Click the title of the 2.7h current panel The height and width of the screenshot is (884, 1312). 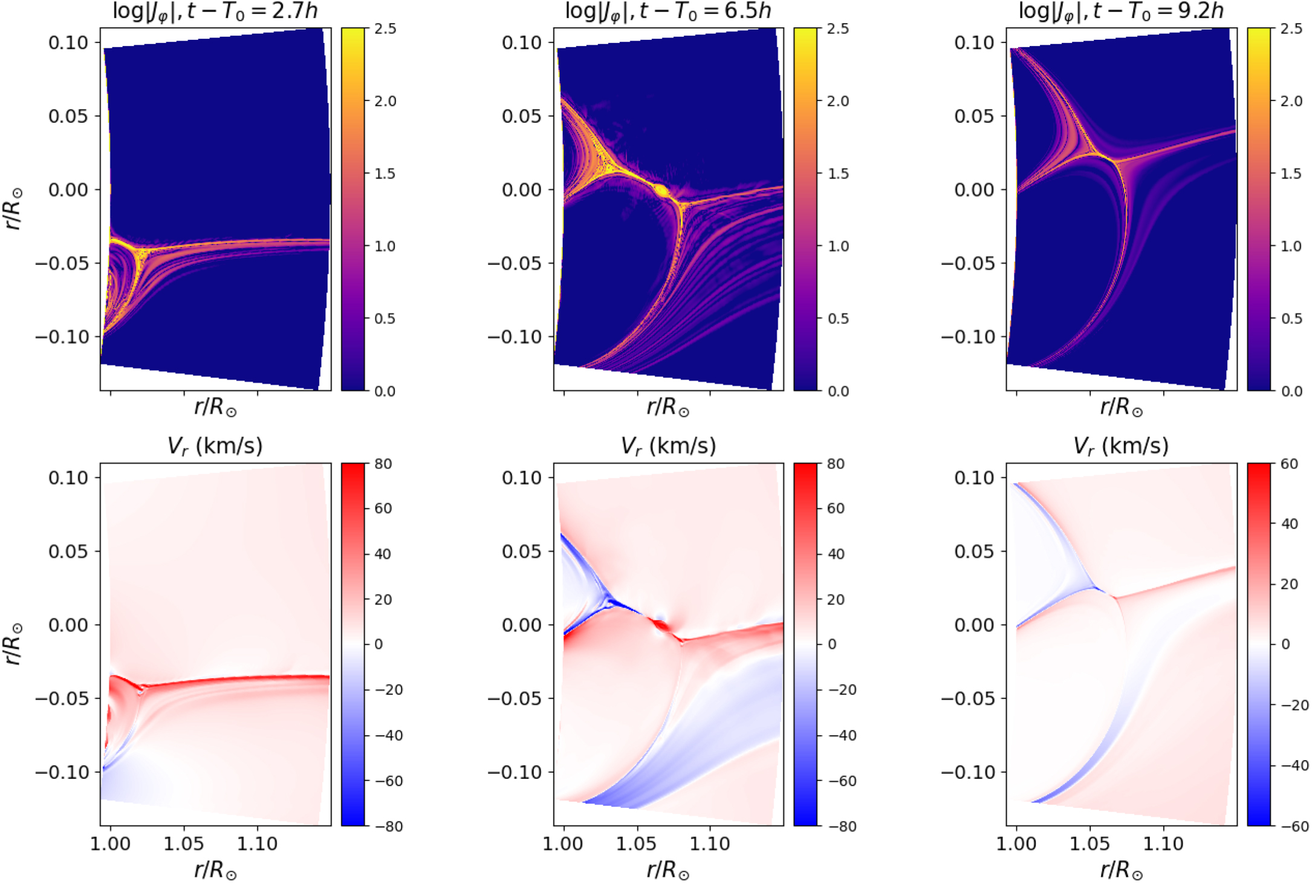click(x=215, y=11)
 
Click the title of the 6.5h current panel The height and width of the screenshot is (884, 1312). click(x=668, y=11)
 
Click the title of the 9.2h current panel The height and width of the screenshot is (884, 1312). click(x=1121, y=11)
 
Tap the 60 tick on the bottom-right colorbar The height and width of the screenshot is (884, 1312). click(x=1289, y=464)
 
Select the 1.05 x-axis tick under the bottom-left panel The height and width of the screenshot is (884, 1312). click(x=184, y=843)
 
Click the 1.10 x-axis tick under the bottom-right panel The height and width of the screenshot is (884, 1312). click(x=1163, y=843)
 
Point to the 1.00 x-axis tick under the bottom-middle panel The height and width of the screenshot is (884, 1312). click(x=563, y=843)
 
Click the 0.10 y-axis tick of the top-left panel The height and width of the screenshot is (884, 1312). click(x=68, y=42)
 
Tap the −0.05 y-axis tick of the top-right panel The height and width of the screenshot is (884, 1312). click(x=968, y=263)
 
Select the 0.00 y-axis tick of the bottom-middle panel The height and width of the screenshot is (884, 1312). click(x=521, y=625)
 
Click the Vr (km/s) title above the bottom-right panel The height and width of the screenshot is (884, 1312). click(x=1121, y=446)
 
